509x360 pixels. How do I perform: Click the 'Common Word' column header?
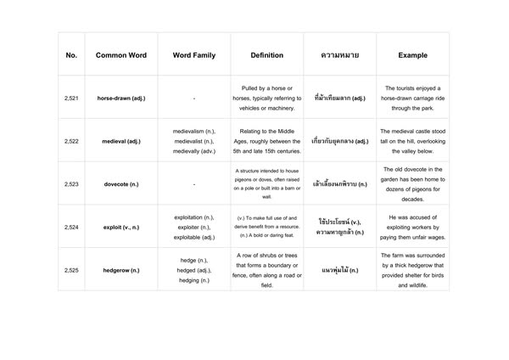tap(120, 55)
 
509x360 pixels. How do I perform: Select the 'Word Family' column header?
tap(193, 55)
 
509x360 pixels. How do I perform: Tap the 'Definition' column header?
tap(266, 55)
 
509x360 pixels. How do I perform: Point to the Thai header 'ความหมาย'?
tap(339, 55)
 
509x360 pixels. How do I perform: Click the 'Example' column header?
tap(412, 55)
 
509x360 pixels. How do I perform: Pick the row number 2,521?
tap(71, 98)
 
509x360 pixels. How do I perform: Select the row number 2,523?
tap(71, 183)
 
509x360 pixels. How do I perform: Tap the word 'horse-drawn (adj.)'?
tap(120, 98)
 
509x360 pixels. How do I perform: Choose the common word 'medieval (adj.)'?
tap(120, 141)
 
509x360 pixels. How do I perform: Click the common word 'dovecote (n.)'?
tap(120, 183)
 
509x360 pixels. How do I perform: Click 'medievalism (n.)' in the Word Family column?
tap(193, 132)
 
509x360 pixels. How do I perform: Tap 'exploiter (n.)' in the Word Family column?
tap(193, 226)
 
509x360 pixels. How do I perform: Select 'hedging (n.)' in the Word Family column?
tap(193, 279)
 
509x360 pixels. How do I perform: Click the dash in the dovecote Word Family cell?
tap(193, 183)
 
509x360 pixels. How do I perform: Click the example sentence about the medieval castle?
tap(412, 141)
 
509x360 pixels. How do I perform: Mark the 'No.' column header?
tap(71, 55)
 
